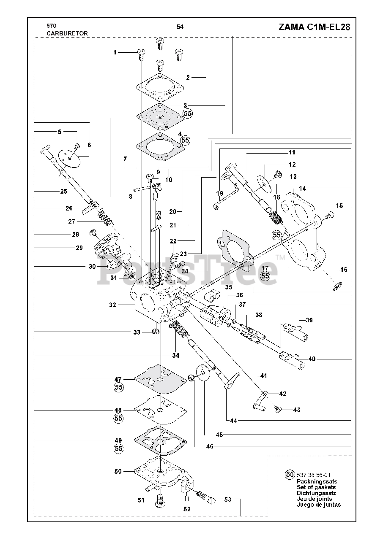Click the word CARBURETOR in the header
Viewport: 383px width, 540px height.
click(x=61, y=33)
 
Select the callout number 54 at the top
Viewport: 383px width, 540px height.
click(x=180, y=27)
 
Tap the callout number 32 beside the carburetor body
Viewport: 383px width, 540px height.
click(x=112, y=305)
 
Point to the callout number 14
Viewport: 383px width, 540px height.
click(x=302, y=188)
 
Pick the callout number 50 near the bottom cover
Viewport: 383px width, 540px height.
click(x=118, y=471)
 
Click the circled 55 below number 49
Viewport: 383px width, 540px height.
click(x=119, y=448)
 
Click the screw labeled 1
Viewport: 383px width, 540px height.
click(x=142, y=54)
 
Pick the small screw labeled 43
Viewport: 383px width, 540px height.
click(x=278, y=409)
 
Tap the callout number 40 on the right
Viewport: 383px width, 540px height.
click(x=312, y=359)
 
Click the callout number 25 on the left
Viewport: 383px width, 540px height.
click(x=64, y=191)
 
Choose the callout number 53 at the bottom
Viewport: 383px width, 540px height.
click(x=228, y=499)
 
